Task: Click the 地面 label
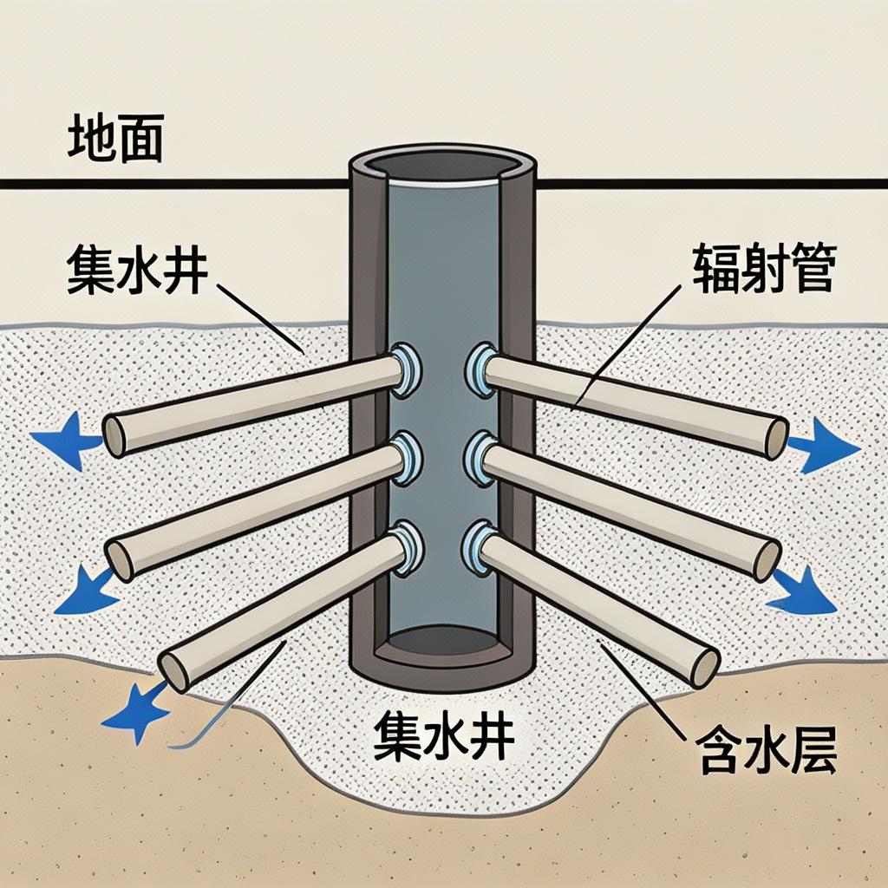115,141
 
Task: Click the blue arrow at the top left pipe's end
63,441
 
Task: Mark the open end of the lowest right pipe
706,668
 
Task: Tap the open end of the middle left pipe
120,559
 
